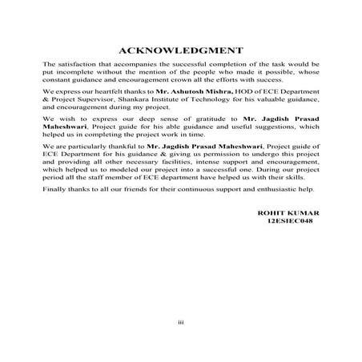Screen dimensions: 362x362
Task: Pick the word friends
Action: tap(146, 189)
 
